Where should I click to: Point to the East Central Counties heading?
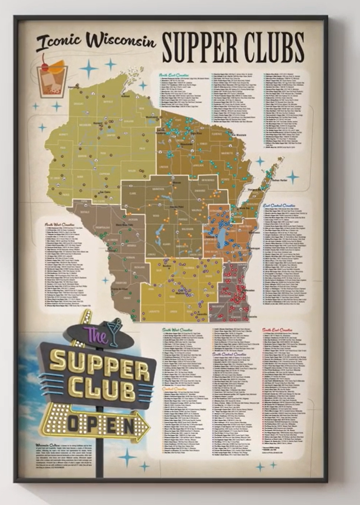(279, 205)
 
